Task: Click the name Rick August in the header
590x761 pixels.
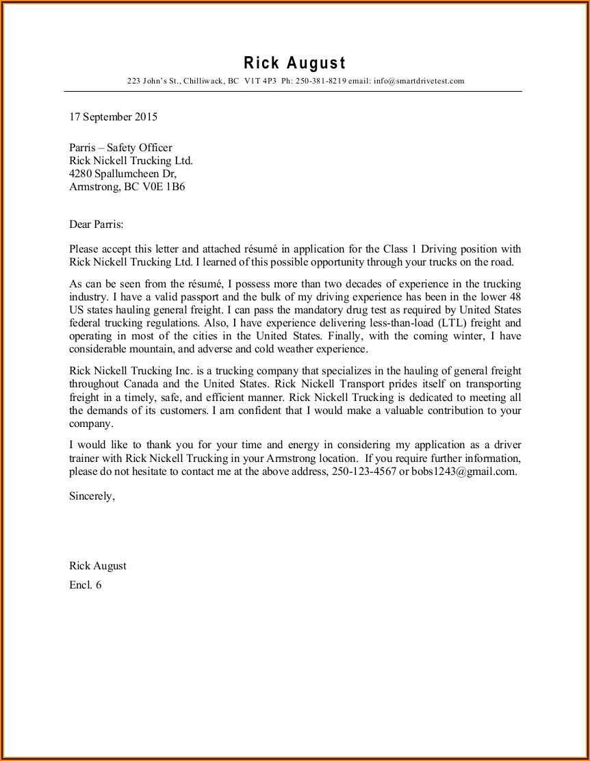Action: coord(295,64)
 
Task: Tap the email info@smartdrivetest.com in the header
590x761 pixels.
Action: coord(419,81)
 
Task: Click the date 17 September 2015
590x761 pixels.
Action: coord(113,117)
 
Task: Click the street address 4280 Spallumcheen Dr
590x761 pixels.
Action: coord(122,174)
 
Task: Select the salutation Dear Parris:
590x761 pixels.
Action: coord(97,224)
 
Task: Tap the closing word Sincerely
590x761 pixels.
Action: coord(92,497)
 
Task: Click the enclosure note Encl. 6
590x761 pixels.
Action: coord(85,585)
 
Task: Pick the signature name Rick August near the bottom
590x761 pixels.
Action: coord(97,566)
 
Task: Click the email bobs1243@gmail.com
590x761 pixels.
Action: coord(463,472)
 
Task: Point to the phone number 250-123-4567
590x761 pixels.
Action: coord(363,472)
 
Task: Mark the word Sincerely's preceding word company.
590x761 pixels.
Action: coord(89,424)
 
